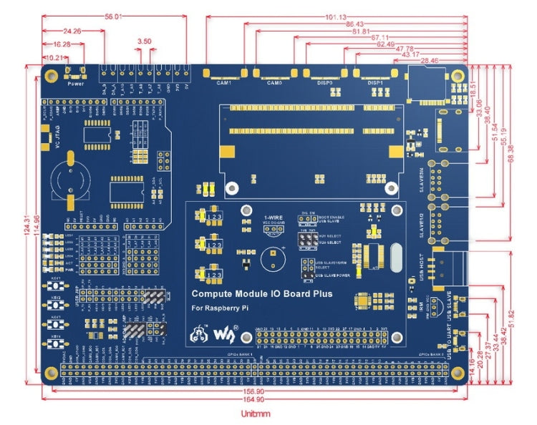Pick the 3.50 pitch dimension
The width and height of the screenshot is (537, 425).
[144, 41]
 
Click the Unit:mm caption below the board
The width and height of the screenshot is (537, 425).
[255, 414]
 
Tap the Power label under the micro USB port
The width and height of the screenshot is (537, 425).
[75, 83]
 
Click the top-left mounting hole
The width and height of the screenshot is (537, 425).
[52, 74]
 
